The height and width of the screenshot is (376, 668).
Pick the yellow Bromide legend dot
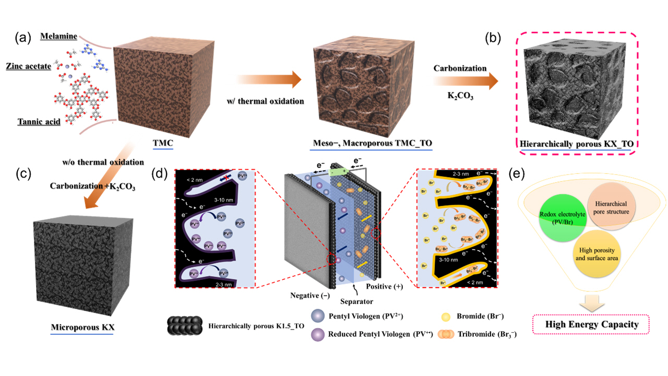(x=446, y=316)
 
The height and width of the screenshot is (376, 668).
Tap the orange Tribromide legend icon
(x=446, y=333)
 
